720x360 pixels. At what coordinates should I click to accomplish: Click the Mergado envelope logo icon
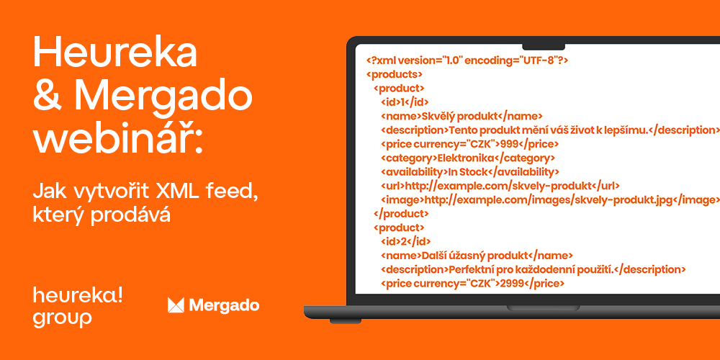click(x=176, y=305)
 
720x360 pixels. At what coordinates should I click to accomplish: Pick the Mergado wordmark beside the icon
click(x=224, y=306)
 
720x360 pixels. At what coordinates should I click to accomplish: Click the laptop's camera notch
click(x=544, y=47)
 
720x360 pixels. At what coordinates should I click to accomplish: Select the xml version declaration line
click(x=467, y=60)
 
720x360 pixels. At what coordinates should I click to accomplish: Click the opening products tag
click(x=395, y=74)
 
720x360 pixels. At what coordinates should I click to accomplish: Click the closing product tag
click(x=401, y=214)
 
